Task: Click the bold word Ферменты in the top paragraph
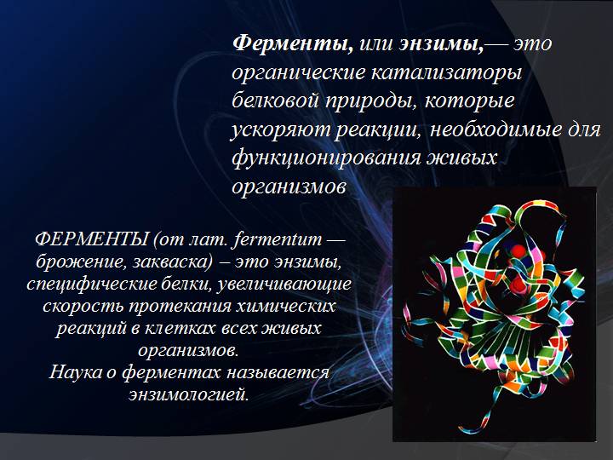pyautogui.click(x=293, y=43)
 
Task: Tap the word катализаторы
pyautogui.click(x=446, y=72)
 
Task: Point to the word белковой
pyautogui.click(x=274, y=101)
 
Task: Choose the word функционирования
pyautogui.click(x=326, y=158)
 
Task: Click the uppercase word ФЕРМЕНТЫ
pyautogui.click(x=91, y=239)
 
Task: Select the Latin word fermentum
pyautogui.click(x=278, y=239)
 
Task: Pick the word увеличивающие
pyautogui.click(x=283, y=284)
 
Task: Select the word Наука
pyautogui.click(x=76, y=371)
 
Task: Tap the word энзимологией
pyautogui.click(x=189, y=394)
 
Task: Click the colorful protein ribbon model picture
pyautogui.click(x=495, y=314)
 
